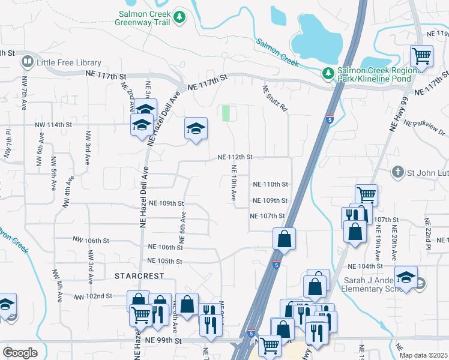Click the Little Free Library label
[x=68, y=62]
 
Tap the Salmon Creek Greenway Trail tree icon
[x=179, y=19]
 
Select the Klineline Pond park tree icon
[x=328, y=74]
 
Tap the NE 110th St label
[x=271, y=184]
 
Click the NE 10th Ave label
[x=232, y=184]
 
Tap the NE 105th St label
[x=164, y=261]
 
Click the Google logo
[x=20, y=352]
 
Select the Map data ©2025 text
[x=423, y=355]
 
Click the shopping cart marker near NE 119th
[x=421, y=56]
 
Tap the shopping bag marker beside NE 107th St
[x=284, y=238]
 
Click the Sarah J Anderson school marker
[x=406, y=277]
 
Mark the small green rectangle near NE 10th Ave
[x=226, y=113]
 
